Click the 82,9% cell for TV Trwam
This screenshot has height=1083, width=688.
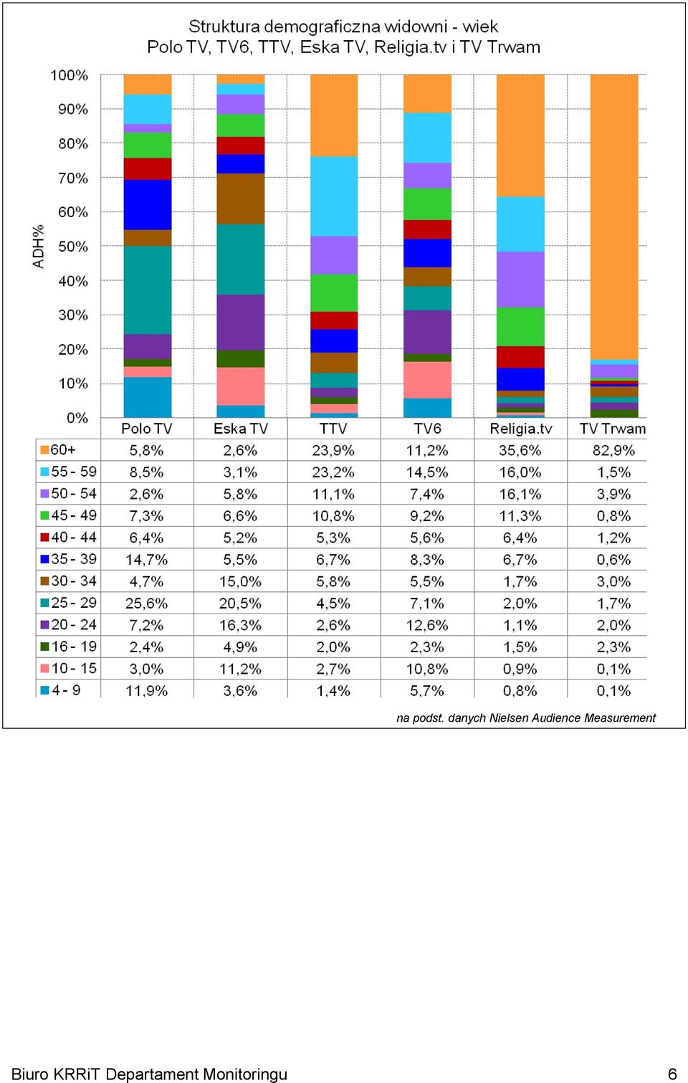pos(613,450)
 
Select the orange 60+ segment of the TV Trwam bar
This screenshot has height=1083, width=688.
pos(614,217)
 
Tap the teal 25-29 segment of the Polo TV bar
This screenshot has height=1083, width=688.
pos(148,290)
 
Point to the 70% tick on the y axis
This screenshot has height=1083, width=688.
pos(73,178)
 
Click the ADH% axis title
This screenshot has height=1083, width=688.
pos(38,246)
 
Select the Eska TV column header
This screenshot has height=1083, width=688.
pos(240,429)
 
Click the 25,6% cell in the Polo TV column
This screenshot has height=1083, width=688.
pos(146,603)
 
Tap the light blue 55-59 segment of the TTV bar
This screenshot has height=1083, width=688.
pos(334,196)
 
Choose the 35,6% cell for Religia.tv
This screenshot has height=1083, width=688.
pos(520,450)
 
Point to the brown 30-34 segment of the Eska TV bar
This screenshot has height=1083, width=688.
pos(240,199)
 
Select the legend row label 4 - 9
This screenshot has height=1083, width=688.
pos(66,690)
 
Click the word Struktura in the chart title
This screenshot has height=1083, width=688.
pos(224,26)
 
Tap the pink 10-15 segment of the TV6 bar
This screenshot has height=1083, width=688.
pos(427,380)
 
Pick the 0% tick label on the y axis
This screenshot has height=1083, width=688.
pos(77,418)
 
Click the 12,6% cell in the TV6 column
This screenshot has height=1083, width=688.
pos(427,625)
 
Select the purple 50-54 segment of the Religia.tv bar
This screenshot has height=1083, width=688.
pos(521,280)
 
